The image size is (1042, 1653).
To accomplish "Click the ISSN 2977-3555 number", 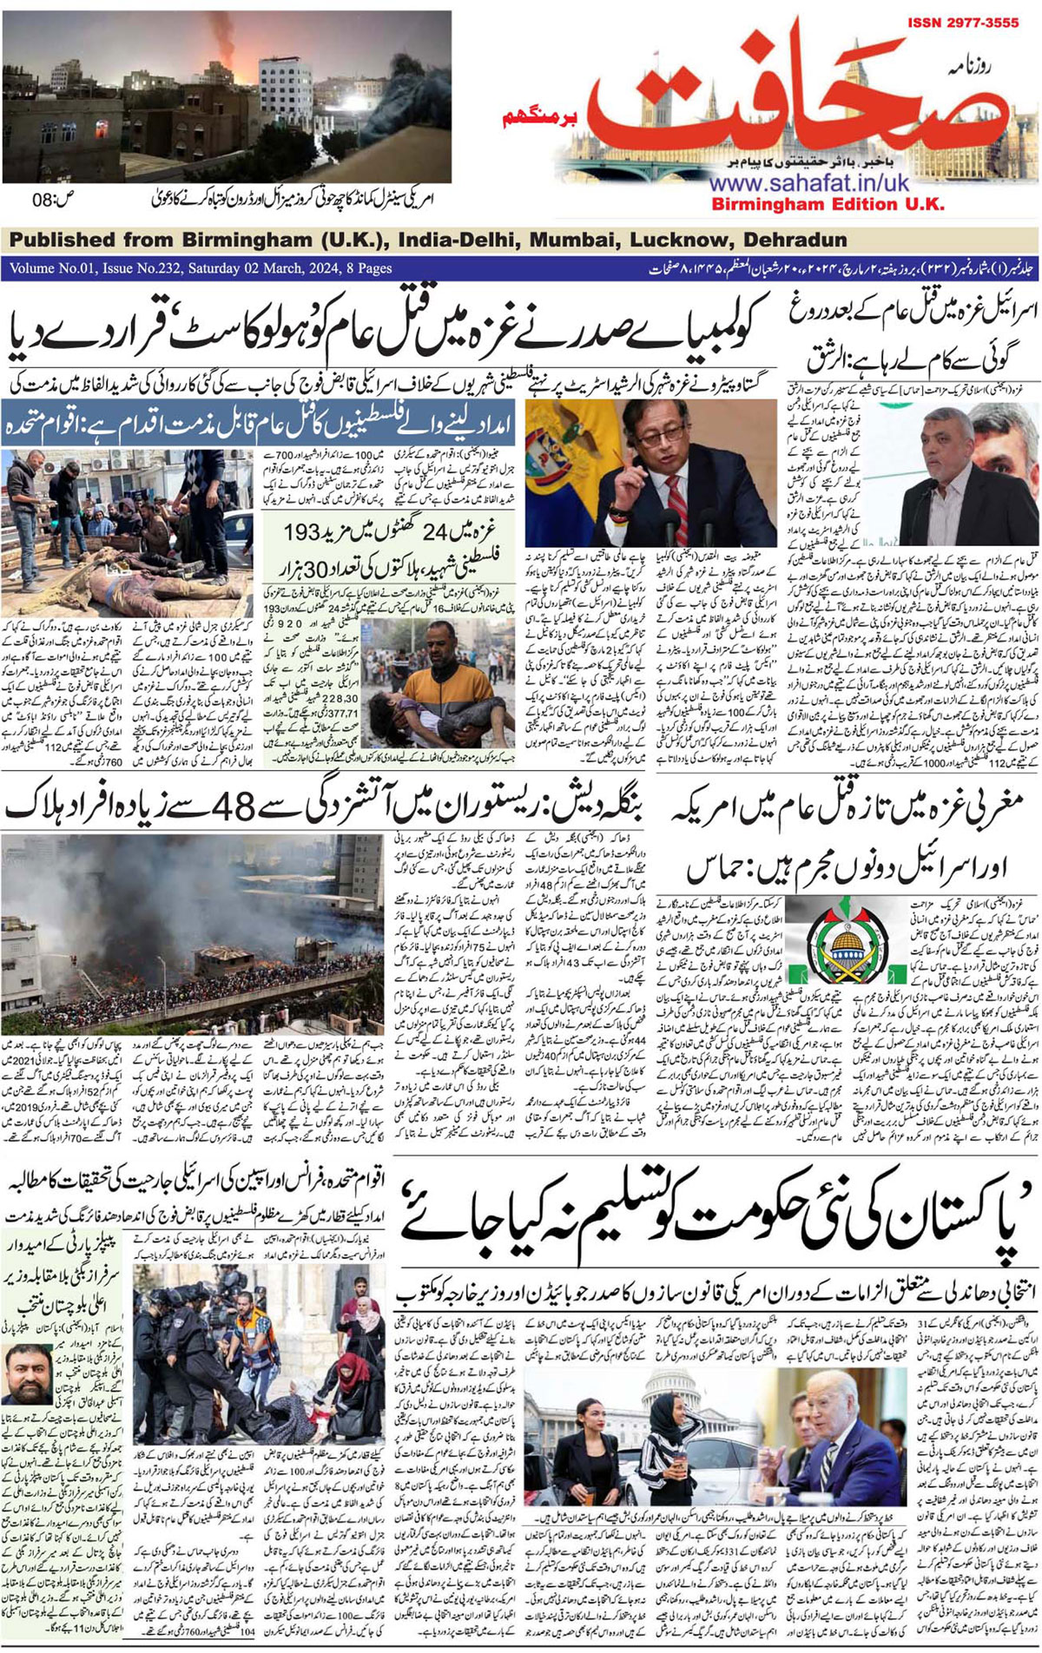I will pyautogui.click(x=964, y=23).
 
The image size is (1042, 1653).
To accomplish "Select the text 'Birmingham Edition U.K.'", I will pyautogui.click(x=828, y=205).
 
